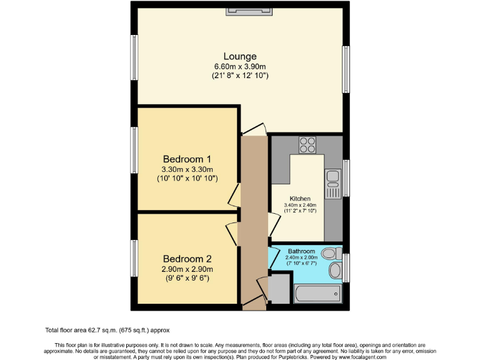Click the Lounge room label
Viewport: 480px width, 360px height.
click(x=240, y=56)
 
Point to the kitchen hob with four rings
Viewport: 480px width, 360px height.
click(x=307, y=145)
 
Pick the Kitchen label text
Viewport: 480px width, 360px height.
click(x=300, y=198)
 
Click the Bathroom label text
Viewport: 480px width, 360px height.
click(x=301, y=251)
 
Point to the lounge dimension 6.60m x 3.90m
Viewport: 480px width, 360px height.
click(x=240, y=67)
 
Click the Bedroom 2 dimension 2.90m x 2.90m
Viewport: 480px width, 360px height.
click(x=187, y=269)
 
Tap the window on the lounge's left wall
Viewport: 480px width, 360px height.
click(x=134, y=57)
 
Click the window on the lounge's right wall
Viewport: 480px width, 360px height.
click(x=346, y=69)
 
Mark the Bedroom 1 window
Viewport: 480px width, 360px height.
click(x=134, y=149)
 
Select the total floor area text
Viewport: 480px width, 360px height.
click(x=107, y=330)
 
